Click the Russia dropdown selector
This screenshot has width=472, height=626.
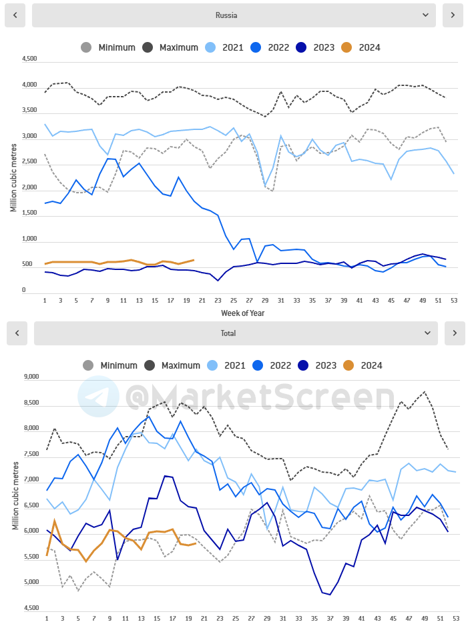(234, 15)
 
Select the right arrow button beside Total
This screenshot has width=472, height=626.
(454, 333)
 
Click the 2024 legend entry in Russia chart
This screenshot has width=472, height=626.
(361, 47)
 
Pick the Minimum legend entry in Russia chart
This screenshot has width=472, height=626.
(107, 47)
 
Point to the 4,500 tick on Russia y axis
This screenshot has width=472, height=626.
(29, 59)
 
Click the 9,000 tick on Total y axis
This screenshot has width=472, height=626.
(31, 376)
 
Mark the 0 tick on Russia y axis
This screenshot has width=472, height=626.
(24, 290)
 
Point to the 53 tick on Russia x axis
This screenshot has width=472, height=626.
(454, 301)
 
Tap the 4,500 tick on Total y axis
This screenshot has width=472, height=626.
(31, 608)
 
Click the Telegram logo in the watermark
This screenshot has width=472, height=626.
(98, 396)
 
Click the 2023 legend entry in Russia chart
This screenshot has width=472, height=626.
(314, 47)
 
